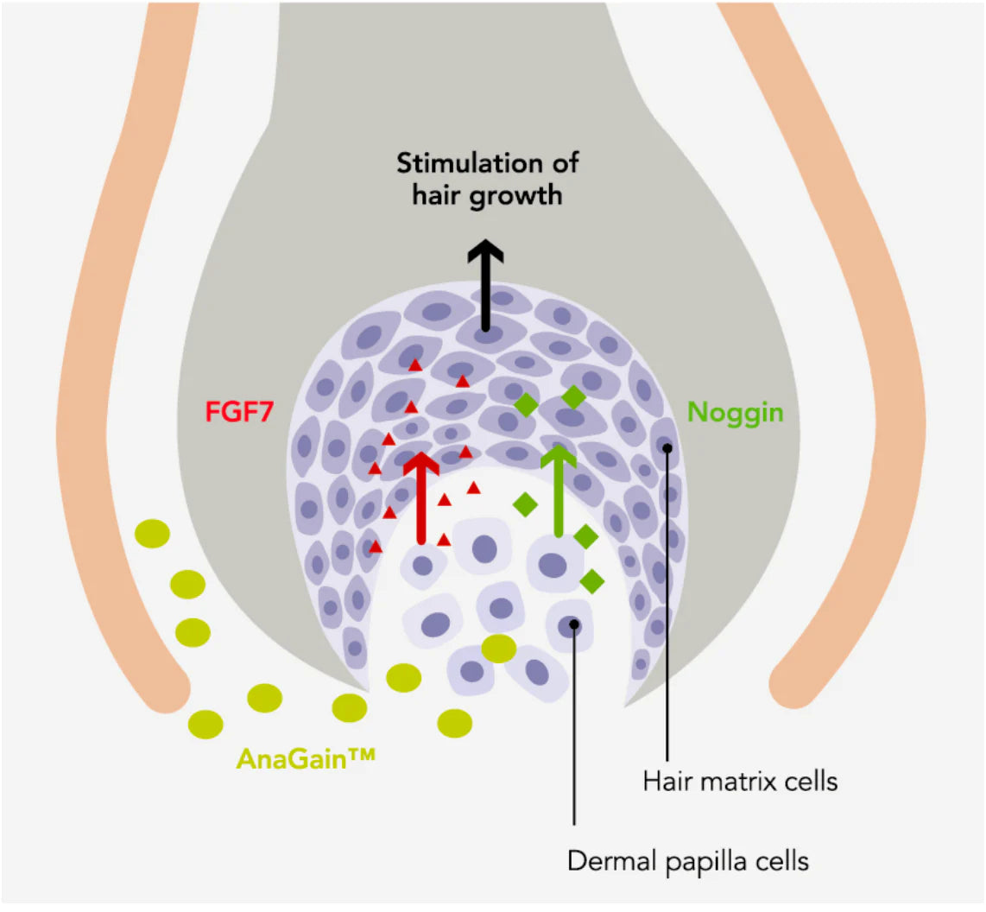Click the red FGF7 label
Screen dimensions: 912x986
point(239,412)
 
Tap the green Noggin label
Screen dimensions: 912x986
point(735,412)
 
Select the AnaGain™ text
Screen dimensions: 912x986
point(306,759)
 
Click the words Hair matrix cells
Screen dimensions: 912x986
point(740,782)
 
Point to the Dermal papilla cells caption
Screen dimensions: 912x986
point(688,861)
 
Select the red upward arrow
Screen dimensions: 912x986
point(421,497)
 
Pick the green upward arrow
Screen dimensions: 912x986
point(559,492)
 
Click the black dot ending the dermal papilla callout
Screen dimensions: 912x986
point(574,624)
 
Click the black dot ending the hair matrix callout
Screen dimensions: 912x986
point(667,447)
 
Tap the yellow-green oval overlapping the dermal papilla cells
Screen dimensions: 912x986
point(499,649)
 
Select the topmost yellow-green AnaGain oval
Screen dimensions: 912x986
point(153,534)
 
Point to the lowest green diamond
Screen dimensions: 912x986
point(592,581)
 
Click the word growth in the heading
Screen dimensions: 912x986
point(516,195)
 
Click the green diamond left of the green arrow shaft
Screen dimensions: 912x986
point(525,504)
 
